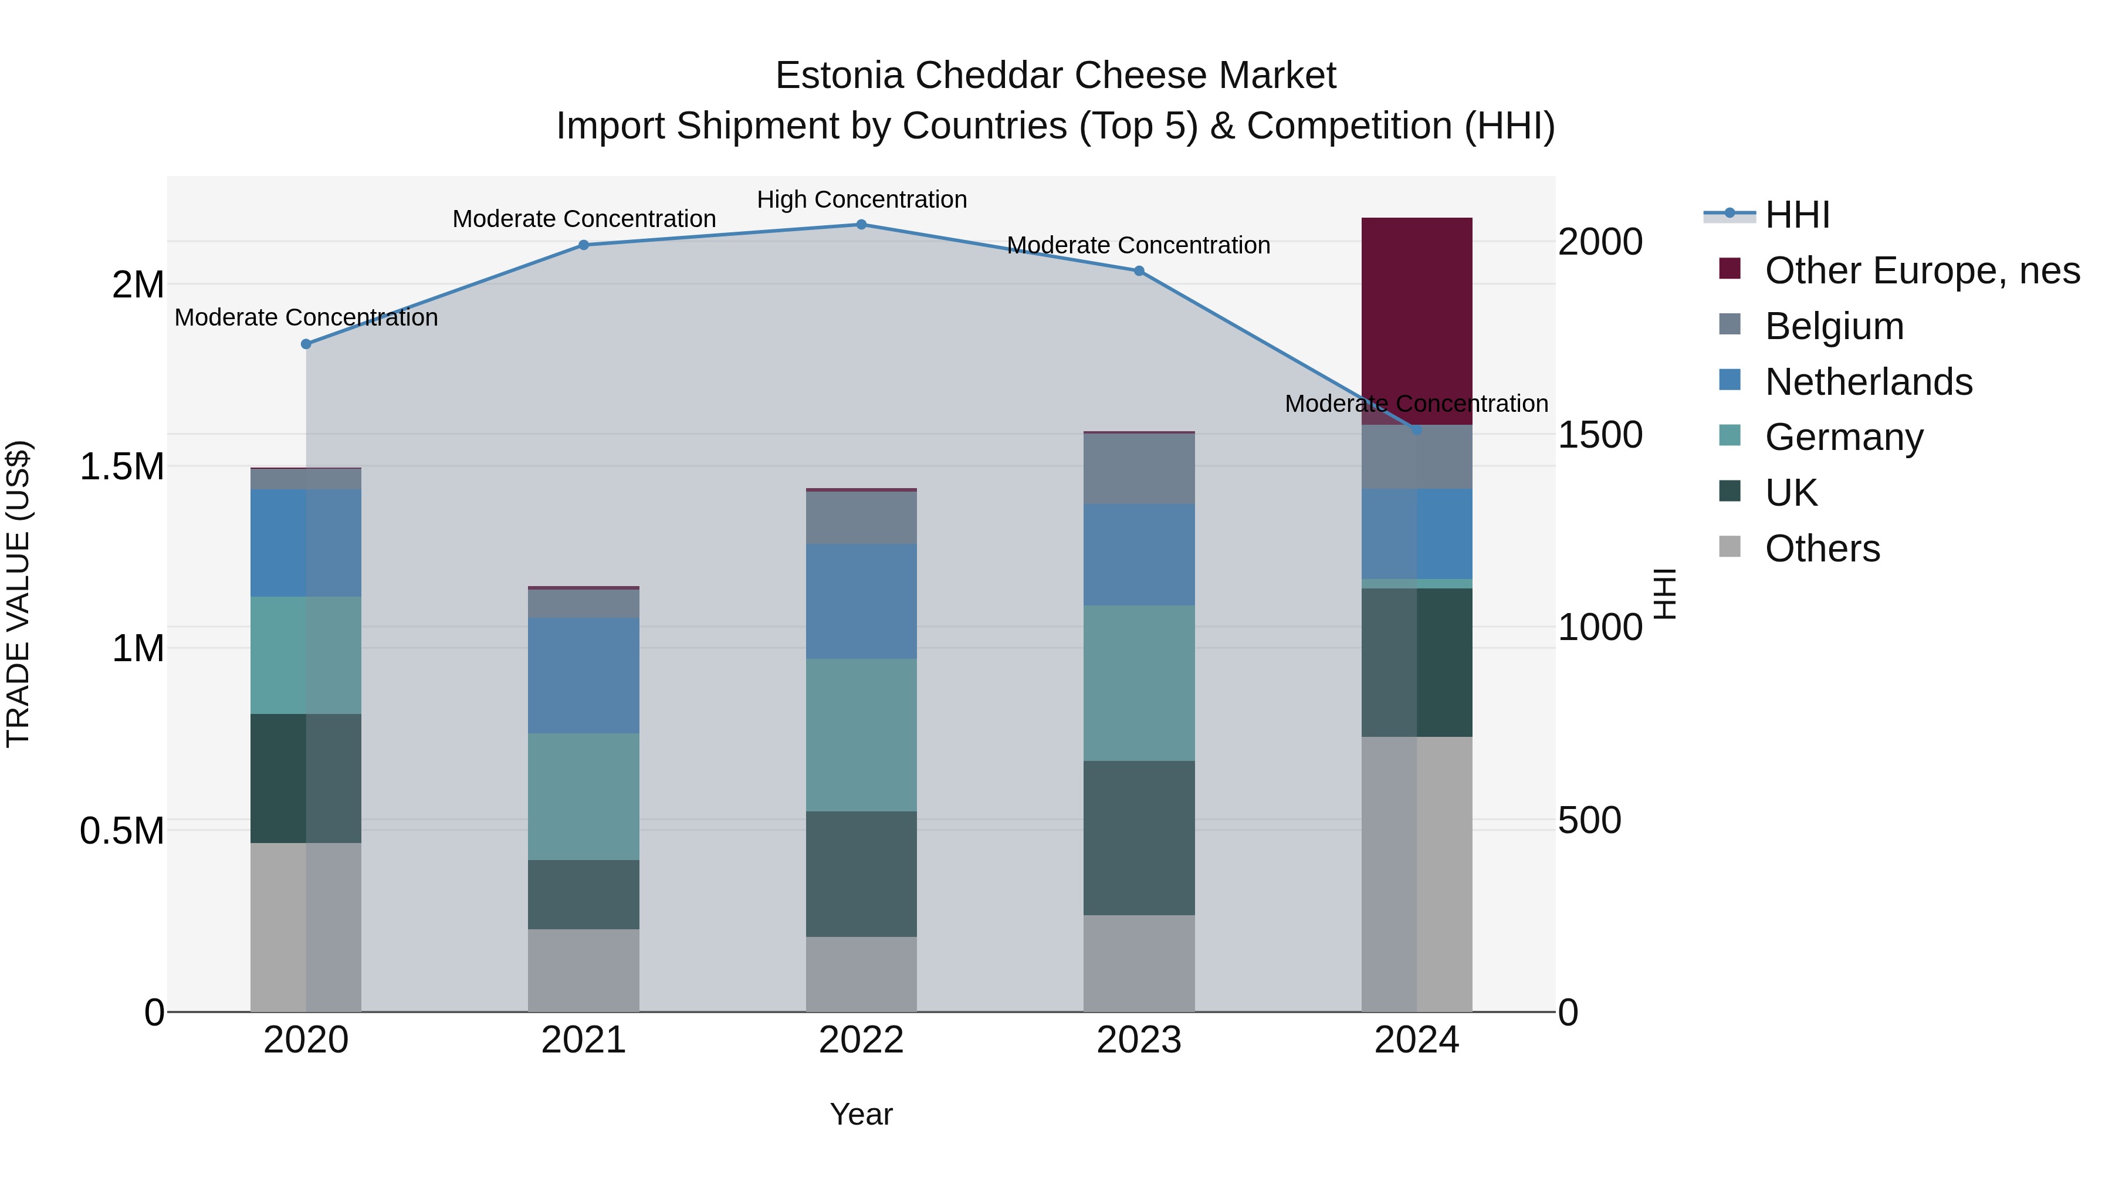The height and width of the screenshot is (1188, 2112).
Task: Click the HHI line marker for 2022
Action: point(861,225)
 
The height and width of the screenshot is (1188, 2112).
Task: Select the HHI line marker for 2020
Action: point(306,344)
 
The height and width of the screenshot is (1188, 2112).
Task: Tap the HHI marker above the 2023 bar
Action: point(1139,270)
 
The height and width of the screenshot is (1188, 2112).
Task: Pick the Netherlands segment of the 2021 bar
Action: point(583,676)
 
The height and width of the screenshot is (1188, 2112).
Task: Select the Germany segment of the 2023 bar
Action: point(1139,683)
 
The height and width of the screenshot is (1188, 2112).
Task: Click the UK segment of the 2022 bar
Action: point(861,874)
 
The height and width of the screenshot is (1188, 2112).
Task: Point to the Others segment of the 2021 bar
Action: point(583,970)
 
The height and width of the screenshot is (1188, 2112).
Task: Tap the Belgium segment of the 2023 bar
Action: point(1139,468)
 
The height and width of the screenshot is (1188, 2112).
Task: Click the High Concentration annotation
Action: point(861,200)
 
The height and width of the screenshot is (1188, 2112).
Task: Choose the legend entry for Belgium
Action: point(1834,326)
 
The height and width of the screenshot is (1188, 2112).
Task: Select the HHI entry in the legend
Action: point(1796,215)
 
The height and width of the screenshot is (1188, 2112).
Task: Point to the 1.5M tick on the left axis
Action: point(121,466)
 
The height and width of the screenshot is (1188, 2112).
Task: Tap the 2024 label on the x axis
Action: point(1416,1040)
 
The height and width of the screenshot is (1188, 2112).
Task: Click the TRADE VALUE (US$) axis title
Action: point(18,594)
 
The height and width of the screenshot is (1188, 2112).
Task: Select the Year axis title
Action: point(861,1114)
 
